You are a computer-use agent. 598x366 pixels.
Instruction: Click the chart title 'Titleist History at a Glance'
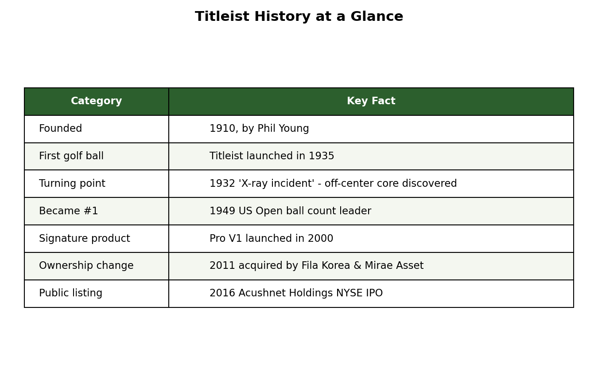coord(299,16)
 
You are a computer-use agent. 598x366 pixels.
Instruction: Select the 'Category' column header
coord(97,101)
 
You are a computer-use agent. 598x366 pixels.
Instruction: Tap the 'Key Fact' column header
coord(371,101)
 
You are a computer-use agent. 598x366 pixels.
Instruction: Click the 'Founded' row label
coord(60,128)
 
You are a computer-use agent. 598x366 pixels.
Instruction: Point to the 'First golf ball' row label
coord(71,156)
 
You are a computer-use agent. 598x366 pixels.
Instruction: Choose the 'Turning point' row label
coord(72,183)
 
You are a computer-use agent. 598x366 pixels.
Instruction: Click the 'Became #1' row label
coord(68,211)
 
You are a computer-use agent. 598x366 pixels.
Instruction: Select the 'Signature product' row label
coord(84,239)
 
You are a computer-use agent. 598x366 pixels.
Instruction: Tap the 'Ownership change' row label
coord(86,265)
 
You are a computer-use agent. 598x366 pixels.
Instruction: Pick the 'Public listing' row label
coord(70,293)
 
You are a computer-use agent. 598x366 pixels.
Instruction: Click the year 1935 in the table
coord(322,156)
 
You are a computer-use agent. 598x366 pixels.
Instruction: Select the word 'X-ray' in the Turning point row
coord(253,184)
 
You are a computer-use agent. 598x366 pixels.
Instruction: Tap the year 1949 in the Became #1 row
coord(222,211)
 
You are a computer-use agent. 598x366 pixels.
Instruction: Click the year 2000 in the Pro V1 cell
coord(320,239)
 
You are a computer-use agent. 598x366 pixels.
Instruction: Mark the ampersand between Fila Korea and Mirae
coord(357,265)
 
